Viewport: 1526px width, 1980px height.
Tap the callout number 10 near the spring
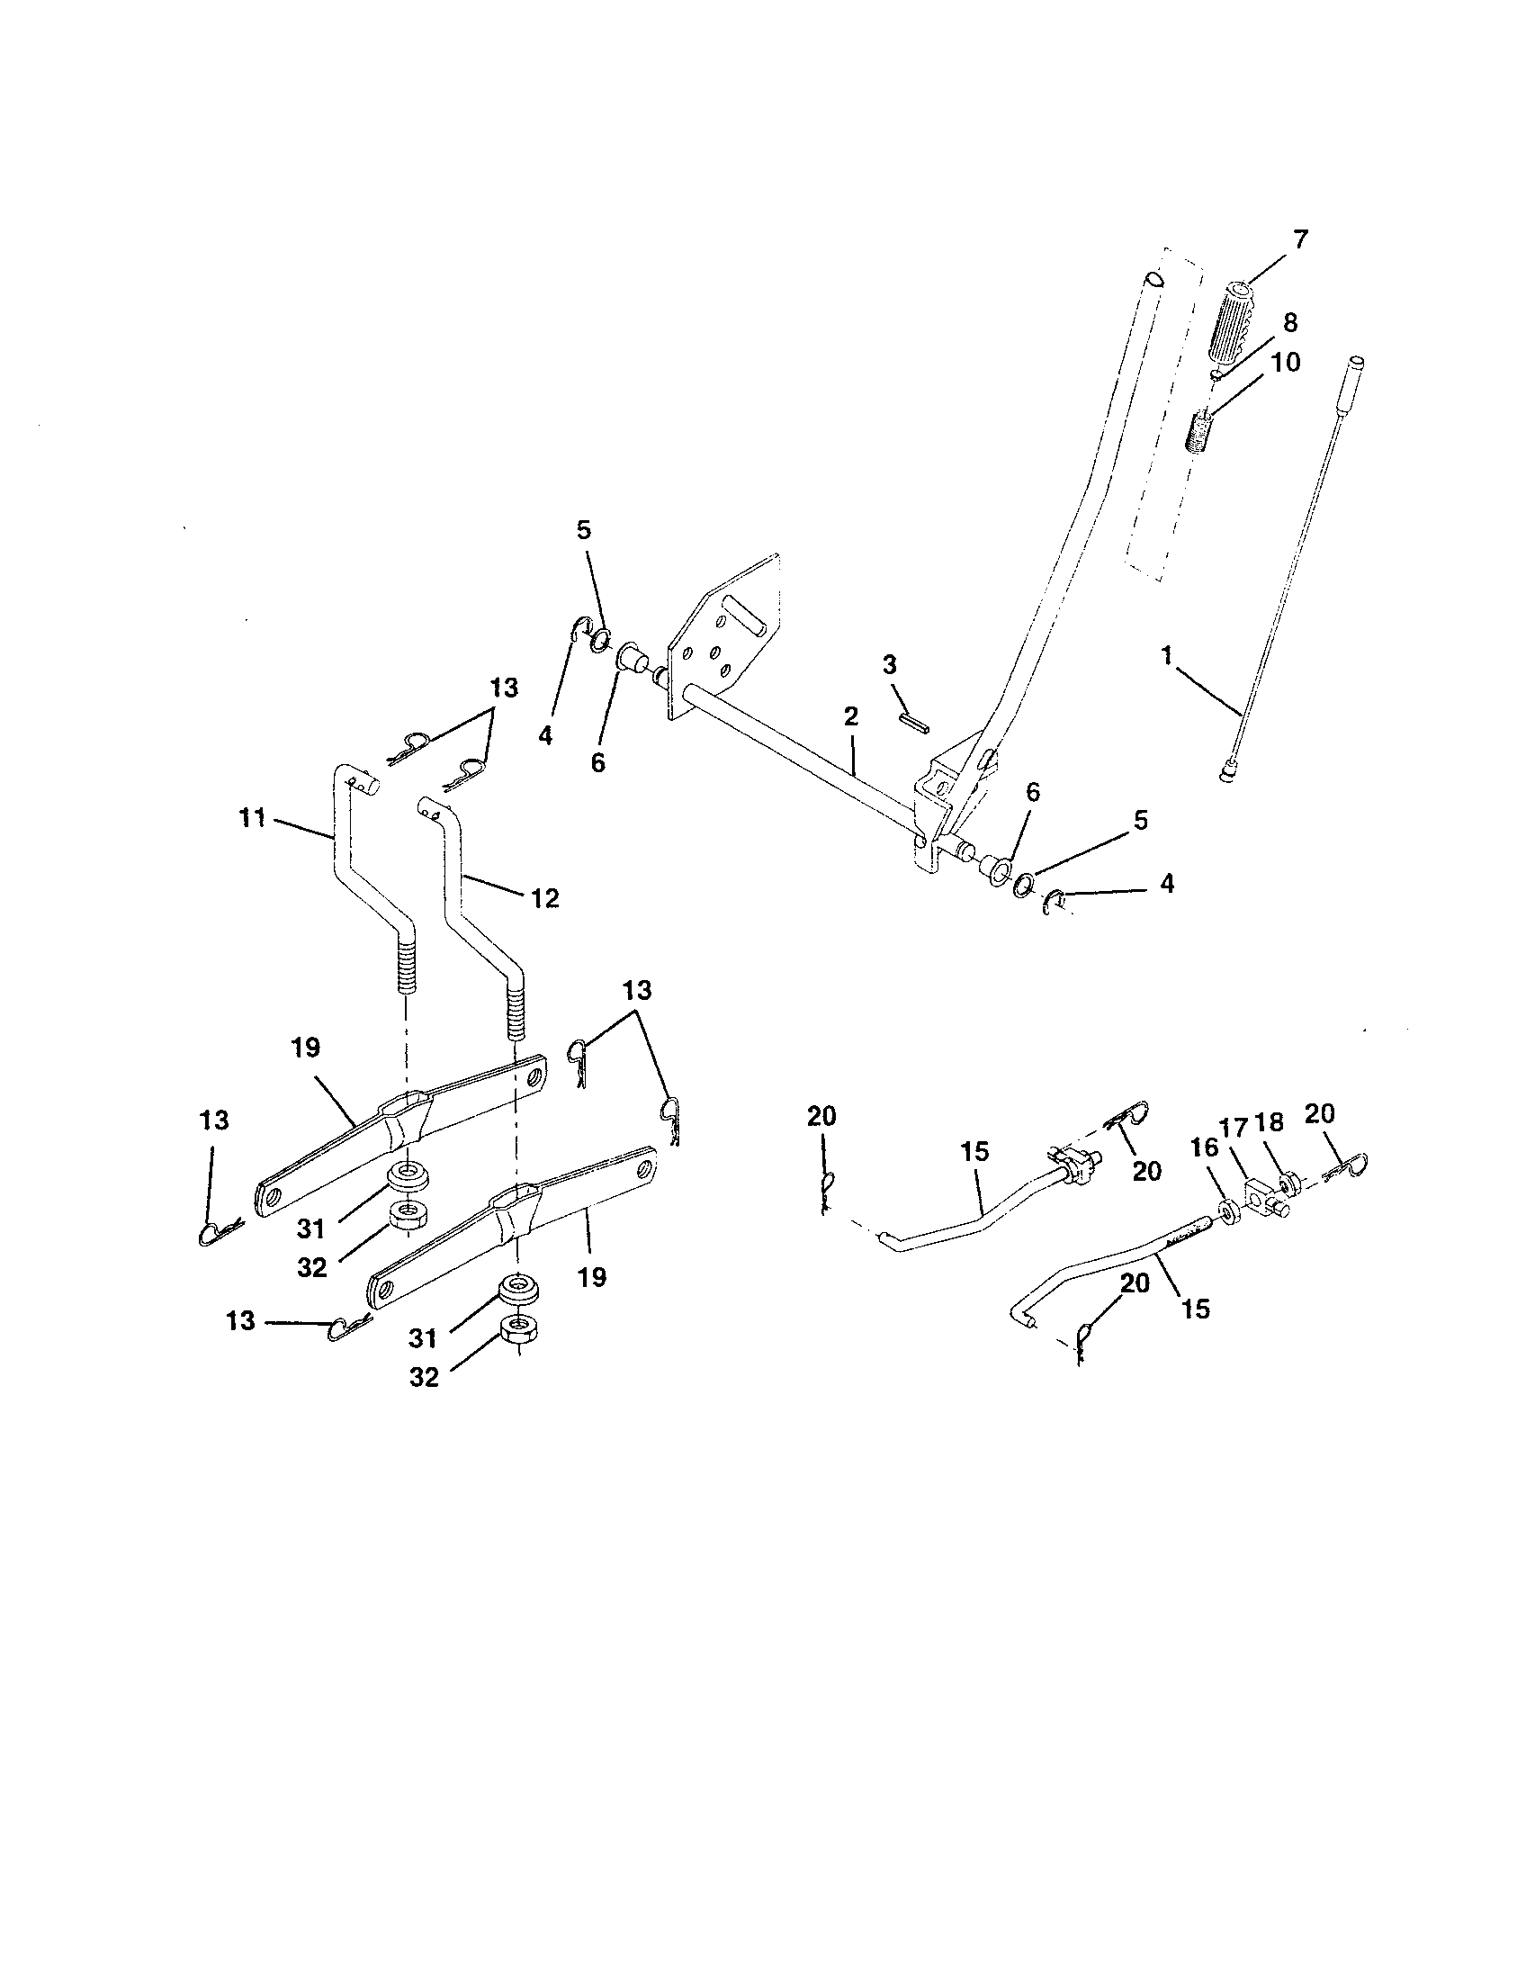[1285, 362]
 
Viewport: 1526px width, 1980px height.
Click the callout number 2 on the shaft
[850, 716]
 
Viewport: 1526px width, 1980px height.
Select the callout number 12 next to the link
[544, 898]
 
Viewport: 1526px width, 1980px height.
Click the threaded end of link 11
[406, 967]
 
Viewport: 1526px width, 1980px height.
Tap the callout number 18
[1270, 1122]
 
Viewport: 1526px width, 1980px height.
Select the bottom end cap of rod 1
[1227, 774]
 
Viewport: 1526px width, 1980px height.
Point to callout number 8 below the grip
[1290, 322]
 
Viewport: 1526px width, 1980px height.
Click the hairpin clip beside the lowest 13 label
[349, 1327]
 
